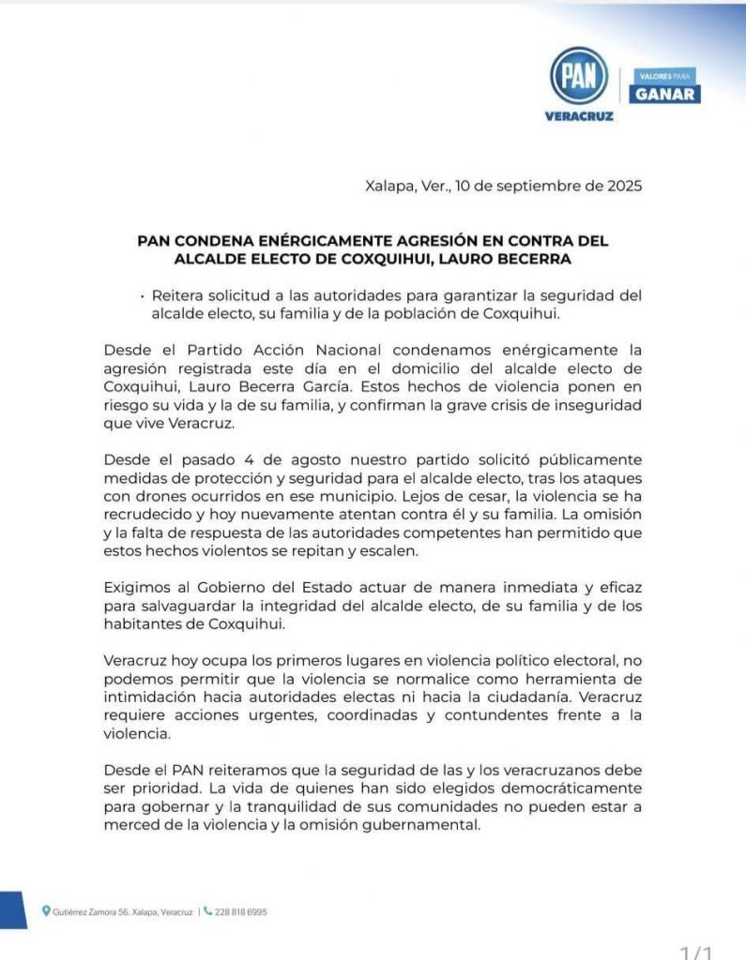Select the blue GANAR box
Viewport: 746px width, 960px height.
[x=665, y=94]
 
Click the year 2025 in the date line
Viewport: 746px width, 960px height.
[x=623, y=186]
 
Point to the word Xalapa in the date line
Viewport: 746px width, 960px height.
[x=389, y=186]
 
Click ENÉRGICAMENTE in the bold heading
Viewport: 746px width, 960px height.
[x=309, y=239]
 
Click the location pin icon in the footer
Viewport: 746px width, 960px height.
[x=47, y=910]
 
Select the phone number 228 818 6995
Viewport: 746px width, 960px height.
[x=240, y=911]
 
